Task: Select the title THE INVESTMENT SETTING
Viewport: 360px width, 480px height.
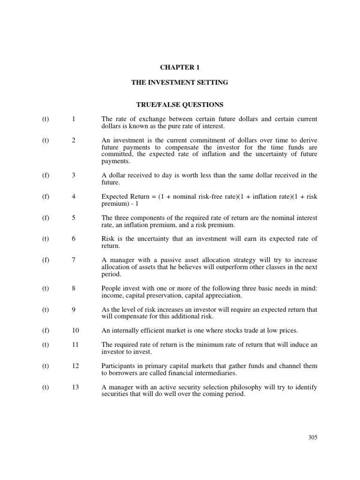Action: coord(180,82)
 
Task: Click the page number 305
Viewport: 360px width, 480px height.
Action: coord(313,437)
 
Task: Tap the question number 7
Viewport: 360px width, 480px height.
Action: coord(74,260)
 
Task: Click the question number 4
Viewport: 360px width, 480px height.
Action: coord(74,196)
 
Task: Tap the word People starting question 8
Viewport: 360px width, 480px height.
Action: coord(111,288)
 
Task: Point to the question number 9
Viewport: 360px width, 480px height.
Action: coord(74,309)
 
